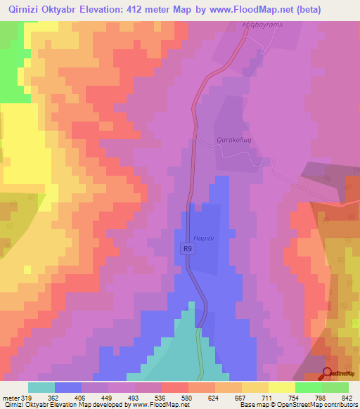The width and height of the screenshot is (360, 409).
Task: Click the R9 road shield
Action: click(x=186, y=248)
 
